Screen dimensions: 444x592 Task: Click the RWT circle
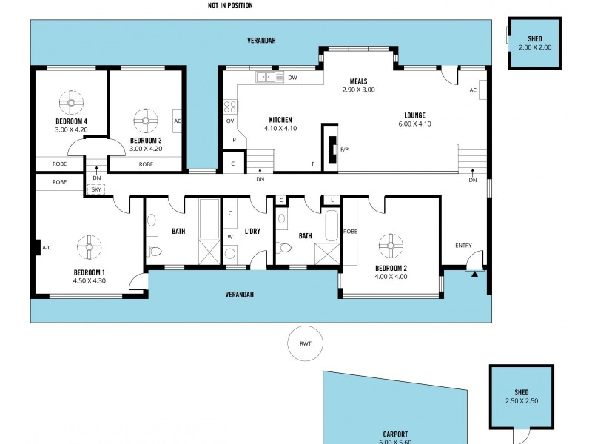[306, 343]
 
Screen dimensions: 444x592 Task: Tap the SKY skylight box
[95, 189]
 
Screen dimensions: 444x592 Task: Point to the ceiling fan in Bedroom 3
[146, 118]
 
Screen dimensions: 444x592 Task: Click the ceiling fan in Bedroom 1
[90, 246]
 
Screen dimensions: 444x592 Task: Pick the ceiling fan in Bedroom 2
[391, 245]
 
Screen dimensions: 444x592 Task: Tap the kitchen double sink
[270, 77]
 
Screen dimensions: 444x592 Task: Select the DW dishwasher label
[292, 78]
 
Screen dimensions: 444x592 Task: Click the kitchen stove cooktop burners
[230, 106]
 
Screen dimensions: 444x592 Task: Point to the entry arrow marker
[474, 274]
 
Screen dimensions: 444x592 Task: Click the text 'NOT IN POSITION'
[230, 6]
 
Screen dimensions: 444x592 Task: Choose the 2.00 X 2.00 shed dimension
[535, 47]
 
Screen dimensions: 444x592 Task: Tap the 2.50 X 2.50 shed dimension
[522, 402]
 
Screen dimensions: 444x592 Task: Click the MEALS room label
[358, 81]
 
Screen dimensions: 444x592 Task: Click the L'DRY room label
[252, 232]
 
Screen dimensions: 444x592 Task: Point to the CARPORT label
[395, 434]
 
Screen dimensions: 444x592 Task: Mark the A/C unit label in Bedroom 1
[47, 247]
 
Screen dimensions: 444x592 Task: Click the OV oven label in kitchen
[230, 121]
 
